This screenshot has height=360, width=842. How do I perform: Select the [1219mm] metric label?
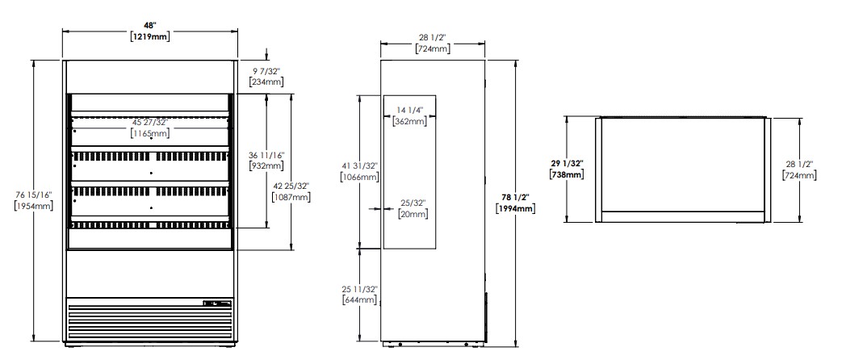tap(150, 36)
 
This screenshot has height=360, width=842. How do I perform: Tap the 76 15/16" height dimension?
tap(33, 195)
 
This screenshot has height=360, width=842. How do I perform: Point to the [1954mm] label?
tap(34, 206)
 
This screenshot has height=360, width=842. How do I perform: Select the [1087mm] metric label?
tap(291, 196)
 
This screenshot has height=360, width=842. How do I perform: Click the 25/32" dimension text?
tap(413, 203)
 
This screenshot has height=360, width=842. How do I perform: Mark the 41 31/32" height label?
tap(359, 165)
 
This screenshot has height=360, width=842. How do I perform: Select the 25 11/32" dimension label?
tap(359, 288)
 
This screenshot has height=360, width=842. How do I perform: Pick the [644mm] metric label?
tap(359, 299)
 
